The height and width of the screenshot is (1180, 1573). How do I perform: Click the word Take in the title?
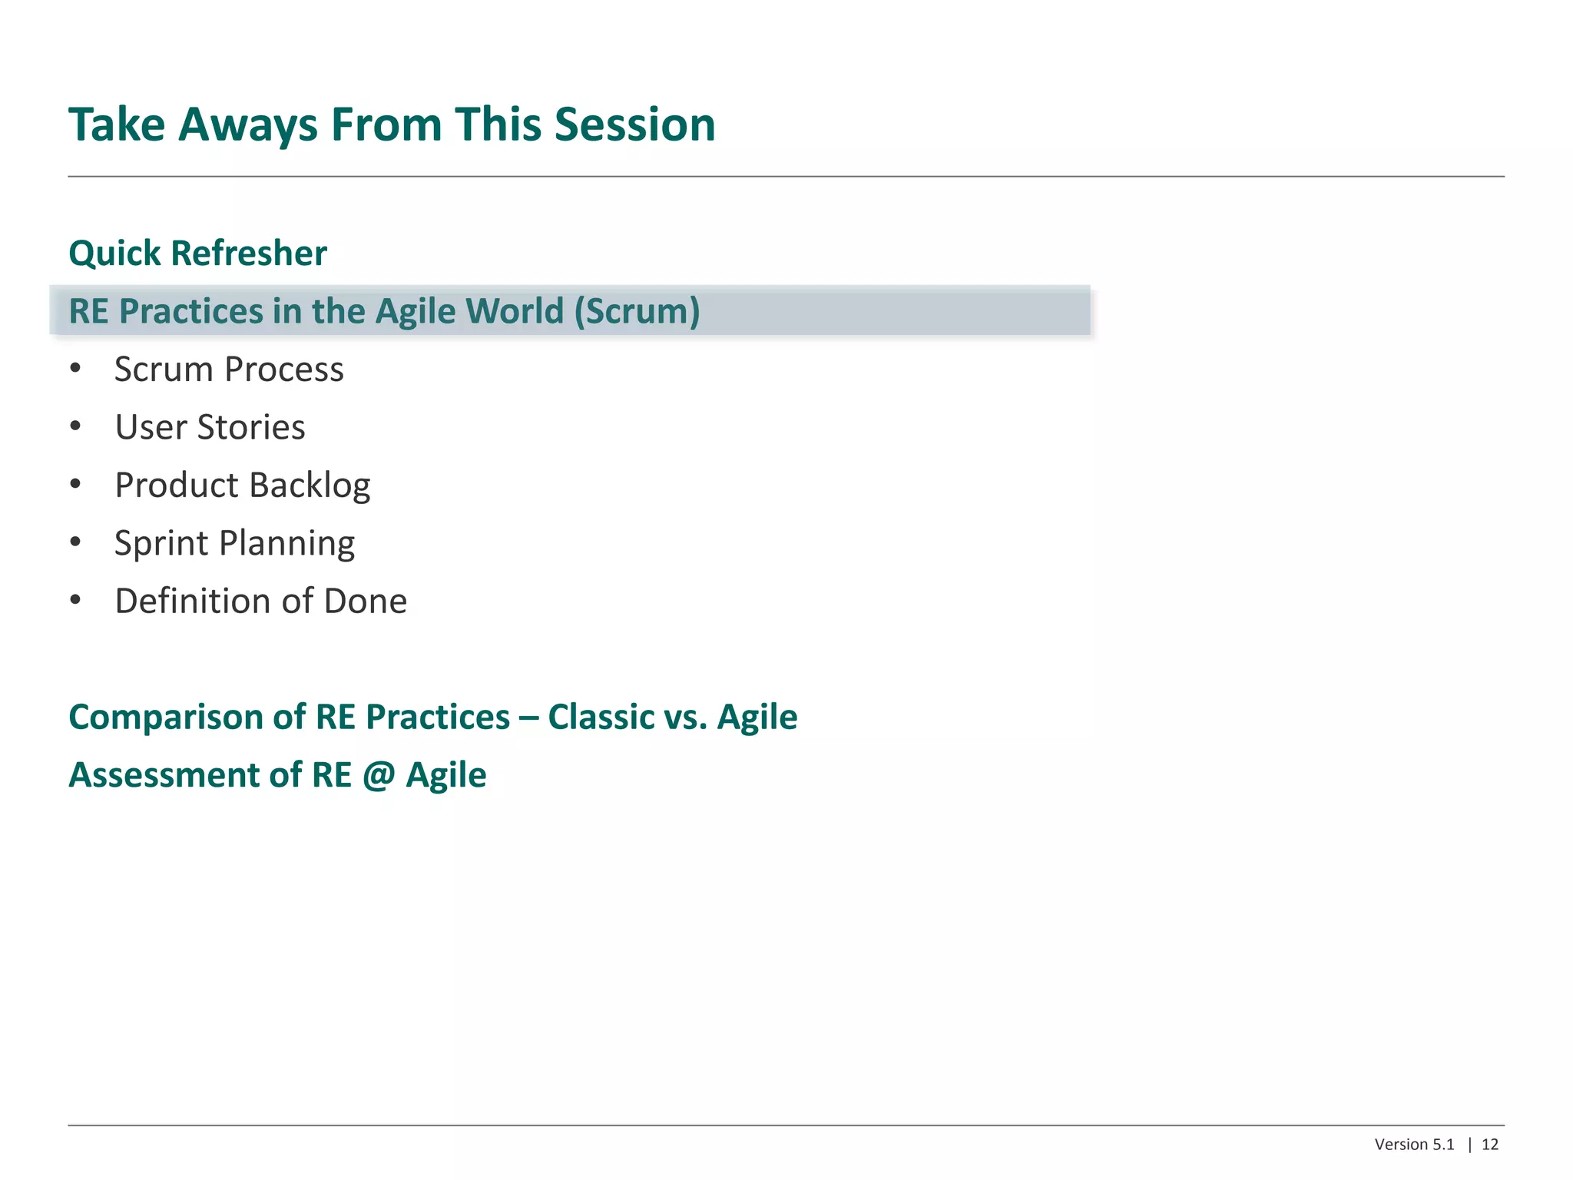pyautogui.click(x=117, y=124)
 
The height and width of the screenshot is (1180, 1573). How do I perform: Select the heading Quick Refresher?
pyautogui.click(x=197, y=254)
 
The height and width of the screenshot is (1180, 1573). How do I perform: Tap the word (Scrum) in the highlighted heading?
pyautogui.click(x=637, y=311)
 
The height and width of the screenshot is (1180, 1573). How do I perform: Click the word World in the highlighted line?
pyautogui.click(x=515, y=311)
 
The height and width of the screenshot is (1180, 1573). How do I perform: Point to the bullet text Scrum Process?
pyautogui.click(x=229, y=370)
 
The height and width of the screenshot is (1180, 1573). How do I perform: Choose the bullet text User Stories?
pyautogui.click(x=210, y=427)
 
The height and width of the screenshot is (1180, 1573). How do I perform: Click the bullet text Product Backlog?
pyautogui.click(x=242, y=486)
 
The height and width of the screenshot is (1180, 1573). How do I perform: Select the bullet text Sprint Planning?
pyautogui.click(x=234, y=543)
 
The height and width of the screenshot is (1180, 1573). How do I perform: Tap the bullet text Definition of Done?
pyautogui.click(x=260, y=601)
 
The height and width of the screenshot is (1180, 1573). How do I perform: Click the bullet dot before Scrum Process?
pyautogui.click(x=75, y=369)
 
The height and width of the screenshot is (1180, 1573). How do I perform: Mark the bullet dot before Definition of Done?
pyautogui.click(x=75, y=600)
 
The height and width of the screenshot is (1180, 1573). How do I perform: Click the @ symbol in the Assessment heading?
pyautogui.click(x=378, y=775)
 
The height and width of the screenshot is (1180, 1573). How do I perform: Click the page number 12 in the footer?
pyautogui.click(x=1489, y=1145)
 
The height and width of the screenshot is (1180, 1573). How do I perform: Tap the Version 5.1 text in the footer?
pyautogui.click(x=1414, y=1145)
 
